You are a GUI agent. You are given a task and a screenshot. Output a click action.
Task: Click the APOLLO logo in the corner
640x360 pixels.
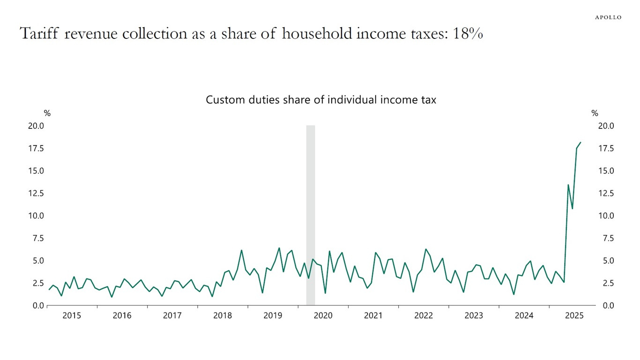pos(608,17)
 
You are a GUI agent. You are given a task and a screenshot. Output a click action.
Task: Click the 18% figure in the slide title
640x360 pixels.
pos(467,33)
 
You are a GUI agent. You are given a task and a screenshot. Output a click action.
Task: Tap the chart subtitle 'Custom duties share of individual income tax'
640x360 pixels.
pos(321,99)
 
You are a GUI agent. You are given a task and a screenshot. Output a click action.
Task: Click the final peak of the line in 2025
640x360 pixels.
pos(580,142)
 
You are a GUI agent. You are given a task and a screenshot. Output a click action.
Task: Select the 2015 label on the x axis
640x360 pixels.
pos(72,316)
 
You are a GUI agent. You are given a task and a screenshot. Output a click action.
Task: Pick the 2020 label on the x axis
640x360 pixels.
pos(323,316)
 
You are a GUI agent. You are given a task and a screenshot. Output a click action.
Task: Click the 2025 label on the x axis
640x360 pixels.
pos(574,316)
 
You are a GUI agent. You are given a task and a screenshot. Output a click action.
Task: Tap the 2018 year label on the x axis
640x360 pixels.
pos(223,316)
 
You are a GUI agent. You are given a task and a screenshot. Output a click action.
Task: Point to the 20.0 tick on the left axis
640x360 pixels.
pos(37,126)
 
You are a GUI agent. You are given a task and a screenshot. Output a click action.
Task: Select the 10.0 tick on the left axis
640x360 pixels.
pos(37,216)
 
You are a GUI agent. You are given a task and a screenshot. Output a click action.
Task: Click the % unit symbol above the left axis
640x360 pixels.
pos(47,113)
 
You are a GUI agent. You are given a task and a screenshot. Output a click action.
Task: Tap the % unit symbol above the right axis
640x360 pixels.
pos(595,113)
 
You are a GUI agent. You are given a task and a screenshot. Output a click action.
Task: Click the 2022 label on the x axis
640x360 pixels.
pos(424,316)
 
